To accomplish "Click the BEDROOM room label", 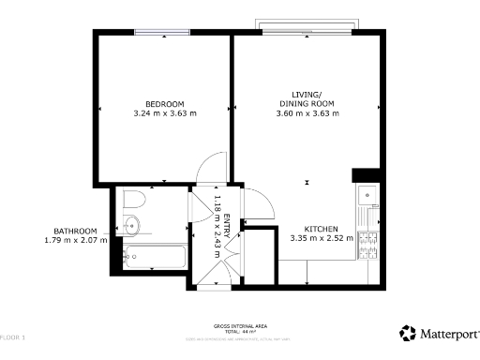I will point(164,103).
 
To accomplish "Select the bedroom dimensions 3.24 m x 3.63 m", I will point(164,113).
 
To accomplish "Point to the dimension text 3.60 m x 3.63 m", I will point(307,113).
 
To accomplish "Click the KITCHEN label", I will point(322,228).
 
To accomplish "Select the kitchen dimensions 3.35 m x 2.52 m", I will point(322,238).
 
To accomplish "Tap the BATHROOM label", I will point(75,231).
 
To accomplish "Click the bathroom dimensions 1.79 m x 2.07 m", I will point(75,241).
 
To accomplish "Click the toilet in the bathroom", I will point(131,200).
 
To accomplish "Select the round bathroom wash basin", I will point(131,225).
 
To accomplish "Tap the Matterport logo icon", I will point(408,333).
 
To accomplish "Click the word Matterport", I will point(448,334).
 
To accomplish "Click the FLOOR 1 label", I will point(13,336).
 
